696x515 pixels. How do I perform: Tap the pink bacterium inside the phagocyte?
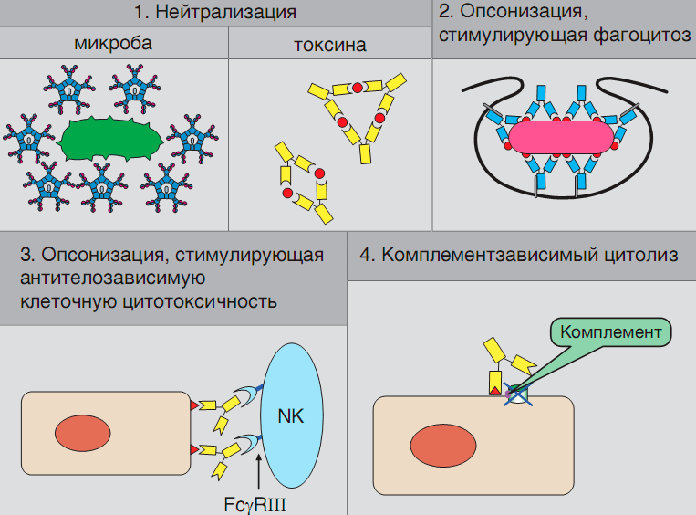[x=560, y=137]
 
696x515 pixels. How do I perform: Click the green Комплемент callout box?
[x=610, y=331]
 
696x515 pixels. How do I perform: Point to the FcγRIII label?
[x=261, y=503]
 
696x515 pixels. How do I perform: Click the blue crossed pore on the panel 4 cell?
[x=518, y=394]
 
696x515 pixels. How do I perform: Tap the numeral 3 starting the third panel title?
[x=26, y=255]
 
